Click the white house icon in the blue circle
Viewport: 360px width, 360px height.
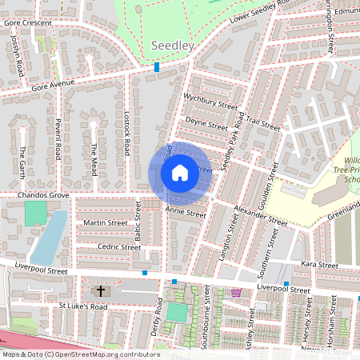point(180,171)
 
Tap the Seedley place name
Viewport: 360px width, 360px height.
point(172,46)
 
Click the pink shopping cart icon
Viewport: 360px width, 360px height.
point(236,293)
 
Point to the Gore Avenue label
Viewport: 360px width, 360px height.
point(53,84)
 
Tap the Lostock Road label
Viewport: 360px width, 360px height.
point(126,133)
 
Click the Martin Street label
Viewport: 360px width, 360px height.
point(105,222)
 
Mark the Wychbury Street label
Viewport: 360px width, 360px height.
point(210,105)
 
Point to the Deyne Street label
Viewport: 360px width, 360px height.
point(206,125)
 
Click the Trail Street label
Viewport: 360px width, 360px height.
point(263,124)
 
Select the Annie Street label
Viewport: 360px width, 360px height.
point(186,213)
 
